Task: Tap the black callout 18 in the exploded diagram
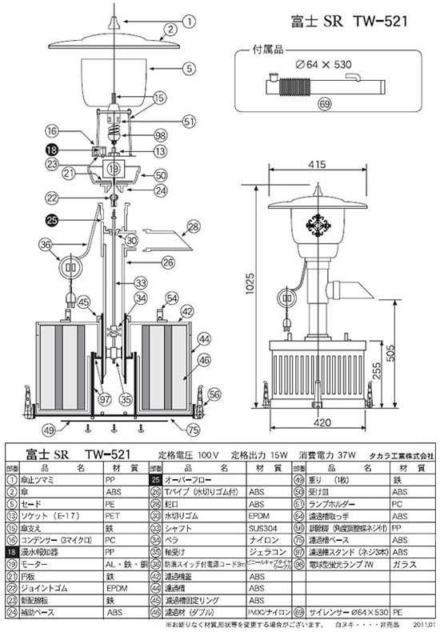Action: click(51, 149)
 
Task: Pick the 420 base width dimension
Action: click(322, 425)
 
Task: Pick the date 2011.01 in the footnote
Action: click(424, 625)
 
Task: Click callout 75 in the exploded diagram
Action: click(192, 430)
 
